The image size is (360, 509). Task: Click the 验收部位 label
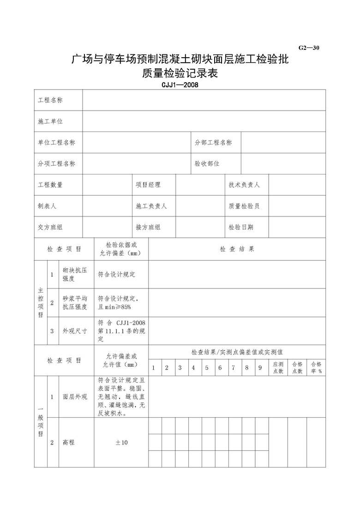click(x=207, y=163)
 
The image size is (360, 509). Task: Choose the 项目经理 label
click(x=148, y=185)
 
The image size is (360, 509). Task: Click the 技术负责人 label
click(x=245, y=185)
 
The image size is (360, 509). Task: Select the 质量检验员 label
click(x=245, y=206)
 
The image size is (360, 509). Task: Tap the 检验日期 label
click(x=241, y=227)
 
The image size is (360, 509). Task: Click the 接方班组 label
click(x=148, y=227)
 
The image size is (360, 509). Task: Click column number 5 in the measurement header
click(x=207, y=368)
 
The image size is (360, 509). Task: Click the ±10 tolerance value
click(x=121, y=443)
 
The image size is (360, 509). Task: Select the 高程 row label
click(x=69, y=443)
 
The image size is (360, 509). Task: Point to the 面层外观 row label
click(x=75, y=397)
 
